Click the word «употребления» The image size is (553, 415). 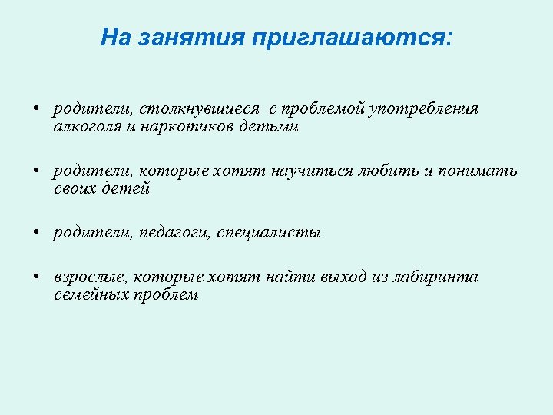point(424,109)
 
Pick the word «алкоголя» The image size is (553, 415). point(83,126)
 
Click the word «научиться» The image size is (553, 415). point(311,171)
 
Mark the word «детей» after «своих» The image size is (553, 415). point(125,188)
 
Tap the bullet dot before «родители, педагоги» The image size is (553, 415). point(37,233)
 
